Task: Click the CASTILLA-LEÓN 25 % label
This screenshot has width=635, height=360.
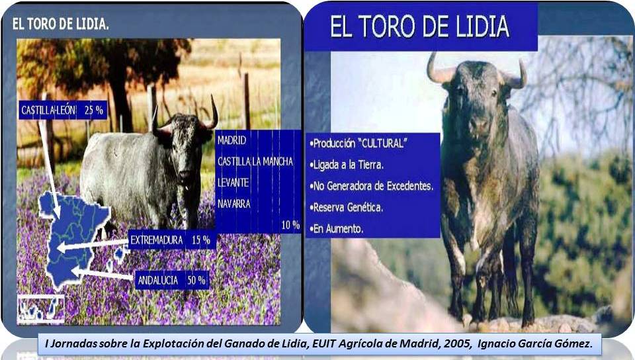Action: point(63,110)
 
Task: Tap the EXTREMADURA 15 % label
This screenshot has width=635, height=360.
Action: point(171,240)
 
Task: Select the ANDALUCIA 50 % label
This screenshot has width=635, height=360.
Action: point(172,280)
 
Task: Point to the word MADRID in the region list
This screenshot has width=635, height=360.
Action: point(232,140)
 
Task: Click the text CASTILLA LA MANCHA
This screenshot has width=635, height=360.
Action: point(255,161)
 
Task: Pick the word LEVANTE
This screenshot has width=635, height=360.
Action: point(233,183)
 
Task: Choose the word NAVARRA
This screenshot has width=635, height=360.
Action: point(233,203)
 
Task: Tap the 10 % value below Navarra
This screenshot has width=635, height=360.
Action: point(290,225)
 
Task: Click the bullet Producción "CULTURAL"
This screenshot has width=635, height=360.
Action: point(358,144)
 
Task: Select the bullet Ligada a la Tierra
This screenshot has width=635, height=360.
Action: point(346,165)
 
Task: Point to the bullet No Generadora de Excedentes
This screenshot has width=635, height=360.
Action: point(371,186)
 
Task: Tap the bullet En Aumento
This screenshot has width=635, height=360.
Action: point(336,229)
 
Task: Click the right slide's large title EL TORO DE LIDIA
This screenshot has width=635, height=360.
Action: point(419,26)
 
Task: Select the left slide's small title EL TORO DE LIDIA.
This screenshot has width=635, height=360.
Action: point(60,24)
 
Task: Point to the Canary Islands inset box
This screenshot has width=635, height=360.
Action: point(40,310)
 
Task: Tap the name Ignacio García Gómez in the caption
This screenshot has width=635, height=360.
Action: point(535,344)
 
